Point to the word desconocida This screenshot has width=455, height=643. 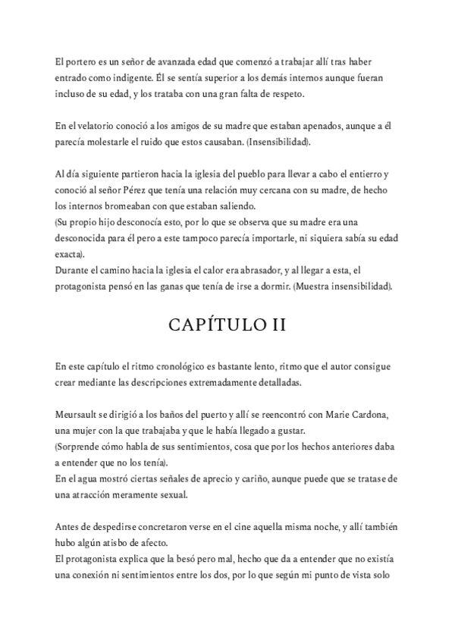coord(86,238)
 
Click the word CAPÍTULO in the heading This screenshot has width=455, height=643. coord(203,326)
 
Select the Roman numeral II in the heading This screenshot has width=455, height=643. coord(275,326)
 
